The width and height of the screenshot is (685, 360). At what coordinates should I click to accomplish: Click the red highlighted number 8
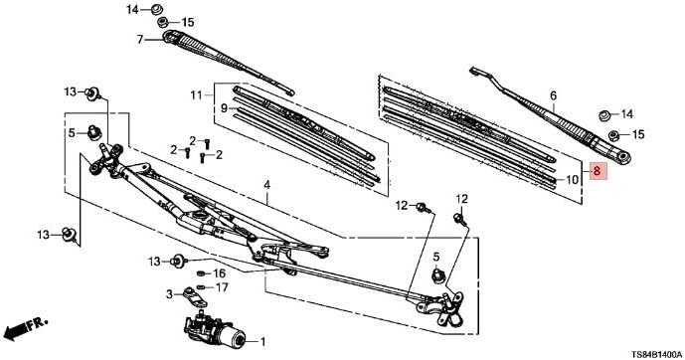pyautogui.click(x=598, y=171)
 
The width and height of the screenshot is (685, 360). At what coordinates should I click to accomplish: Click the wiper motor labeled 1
pyautogui.click(x=215, y=331)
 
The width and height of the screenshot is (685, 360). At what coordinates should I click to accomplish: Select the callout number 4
pyautogui.click(x=266, y=185)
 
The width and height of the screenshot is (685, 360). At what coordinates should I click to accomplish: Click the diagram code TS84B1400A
pyautogui.click(x=655, y=353)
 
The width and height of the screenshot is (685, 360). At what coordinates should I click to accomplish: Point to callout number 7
pyautogui.click(x=140, y=40)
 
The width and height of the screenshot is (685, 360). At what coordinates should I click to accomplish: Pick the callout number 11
pyautogui.click(x=196, y=94)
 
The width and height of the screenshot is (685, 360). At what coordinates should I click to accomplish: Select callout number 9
pyautogui.click(x=225, y=107)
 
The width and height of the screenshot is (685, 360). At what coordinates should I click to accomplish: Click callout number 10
pyautogui.click(x=573, y=180)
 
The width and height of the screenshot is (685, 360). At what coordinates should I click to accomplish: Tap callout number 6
pyautogui.click(x=554, y=95)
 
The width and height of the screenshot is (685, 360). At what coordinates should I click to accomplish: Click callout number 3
pyautogui.click(x=169, y=294)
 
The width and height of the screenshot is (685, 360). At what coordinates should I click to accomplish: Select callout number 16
pyautogui.click(x=220, y=273)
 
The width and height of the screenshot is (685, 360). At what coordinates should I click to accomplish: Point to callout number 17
pyautogui.click(x=222, y=287)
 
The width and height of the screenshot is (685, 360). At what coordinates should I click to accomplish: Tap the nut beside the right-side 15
pyautogui.click(x=613, y=134)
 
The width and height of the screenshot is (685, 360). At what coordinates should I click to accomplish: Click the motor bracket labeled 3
pyautogui.click(x=195, y=296)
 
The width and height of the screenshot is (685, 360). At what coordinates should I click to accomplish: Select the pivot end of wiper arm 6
pyautogui.click(x=622, y=157)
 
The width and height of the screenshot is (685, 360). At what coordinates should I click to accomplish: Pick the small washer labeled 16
pyautogui.click(x=202, y=273)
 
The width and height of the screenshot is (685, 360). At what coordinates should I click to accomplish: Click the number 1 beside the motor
pyautogui.click(x=262, y=342)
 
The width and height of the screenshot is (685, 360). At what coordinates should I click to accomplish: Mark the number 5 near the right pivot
pyautogui.click(x=436, y=257)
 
